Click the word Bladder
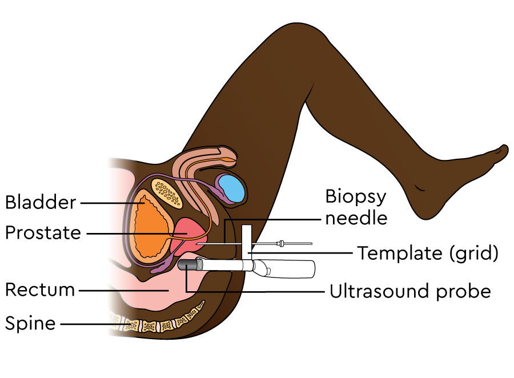point(41,202)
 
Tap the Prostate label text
point(43,233)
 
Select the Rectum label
point(40,290)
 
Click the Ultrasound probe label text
point(410,291)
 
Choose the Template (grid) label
point(428,253)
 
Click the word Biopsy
point(355,197)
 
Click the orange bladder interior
point(152,228)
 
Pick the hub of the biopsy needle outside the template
point(281,244)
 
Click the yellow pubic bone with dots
point(166,192)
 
